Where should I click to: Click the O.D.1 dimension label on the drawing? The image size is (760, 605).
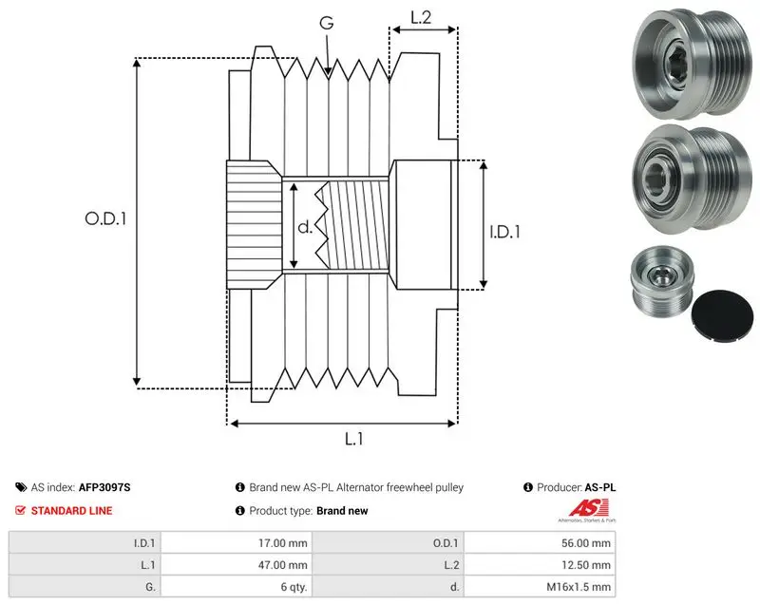click(x=105, y=219)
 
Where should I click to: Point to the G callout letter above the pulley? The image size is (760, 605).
click(x=327, y=23)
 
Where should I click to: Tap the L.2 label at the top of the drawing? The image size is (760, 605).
click(x=421, y=17)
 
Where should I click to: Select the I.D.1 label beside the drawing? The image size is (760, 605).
click(x=504, y=232)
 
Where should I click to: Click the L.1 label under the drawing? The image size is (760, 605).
click(x=353, y=439)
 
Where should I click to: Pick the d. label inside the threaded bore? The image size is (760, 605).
click(x=304, y=227)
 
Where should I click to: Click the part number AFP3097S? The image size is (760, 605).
click(x=104, y=487)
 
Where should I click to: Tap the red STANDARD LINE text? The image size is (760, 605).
click(x=72, y=511)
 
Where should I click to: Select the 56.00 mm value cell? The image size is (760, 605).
click(x=540, y=543)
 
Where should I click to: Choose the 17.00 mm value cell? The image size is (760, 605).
click(x=237, y=543)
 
